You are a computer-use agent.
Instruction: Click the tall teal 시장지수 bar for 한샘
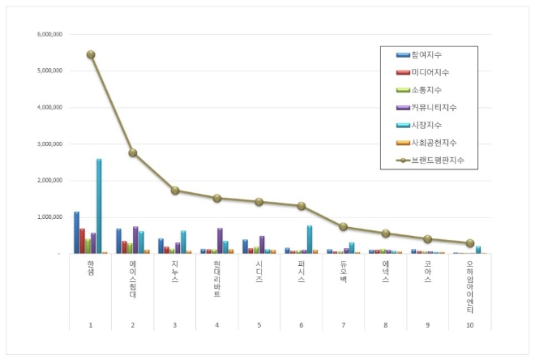[99, 206]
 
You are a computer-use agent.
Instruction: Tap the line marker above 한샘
[91, 54]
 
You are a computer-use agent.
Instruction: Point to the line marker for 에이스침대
[133, 152]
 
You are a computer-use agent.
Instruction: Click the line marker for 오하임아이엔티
[470, 243]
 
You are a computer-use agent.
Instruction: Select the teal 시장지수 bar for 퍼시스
[310, 239]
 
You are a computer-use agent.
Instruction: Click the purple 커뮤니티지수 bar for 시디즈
[262, 244]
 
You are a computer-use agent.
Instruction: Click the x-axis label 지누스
[175, 272]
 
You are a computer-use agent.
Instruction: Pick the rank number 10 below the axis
[470, 325]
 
